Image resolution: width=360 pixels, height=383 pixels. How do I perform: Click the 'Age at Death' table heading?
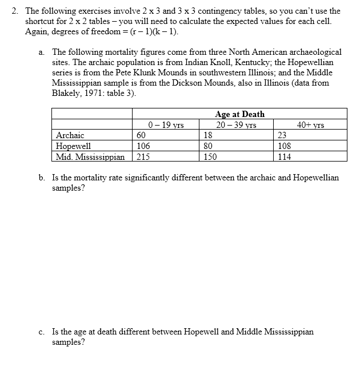[x=239, y=114]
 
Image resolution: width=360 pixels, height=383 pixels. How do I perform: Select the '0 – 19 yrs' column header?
[x=165, y=125]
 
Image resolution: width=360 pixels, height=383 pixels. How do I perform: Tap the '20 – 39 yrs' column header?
[x=235, y=125]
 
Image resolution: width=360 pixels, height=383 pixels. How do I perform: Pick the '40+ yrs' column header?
[x=310, y=125]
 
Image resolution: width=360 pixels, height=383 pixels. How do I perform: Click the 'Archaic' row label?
[x=70, y=135]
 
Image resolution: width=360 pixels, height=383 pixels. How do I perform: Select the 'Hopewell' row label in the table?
[x=74, y=146]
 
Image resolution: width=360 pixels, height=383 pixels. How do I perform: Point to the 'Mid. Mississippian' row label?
[x=90, y=156]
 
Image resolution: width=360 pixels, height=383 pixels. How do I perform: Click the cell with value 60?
[x=142, y=135]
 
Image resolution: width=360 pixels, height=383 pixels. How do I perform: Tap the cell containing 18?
[x=209, y=135]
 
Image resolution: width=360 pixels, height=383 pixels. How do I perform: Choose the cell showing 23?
[x=282, y=135]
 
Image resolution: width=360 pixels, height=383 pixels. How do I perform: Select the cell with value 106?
[x=143, y=146]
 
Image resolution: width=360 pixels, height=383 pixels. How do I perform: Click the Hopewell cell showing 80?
[x=209, y=146]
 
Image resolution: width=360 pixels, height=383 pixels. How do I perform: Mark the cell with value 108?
[x=284, y=146]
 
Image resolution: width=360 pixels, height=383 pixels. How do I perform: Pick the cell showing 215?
[x=143, y=156]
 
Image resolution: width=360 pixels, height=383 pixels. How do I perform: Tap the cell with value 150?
[x=210, y=156]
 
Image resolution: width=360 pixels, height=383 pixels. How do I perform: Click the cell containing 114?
[x=284, y=156]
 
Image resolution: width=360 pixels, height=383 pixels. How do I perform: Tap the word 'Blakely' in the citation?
[x=66, y=93]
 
